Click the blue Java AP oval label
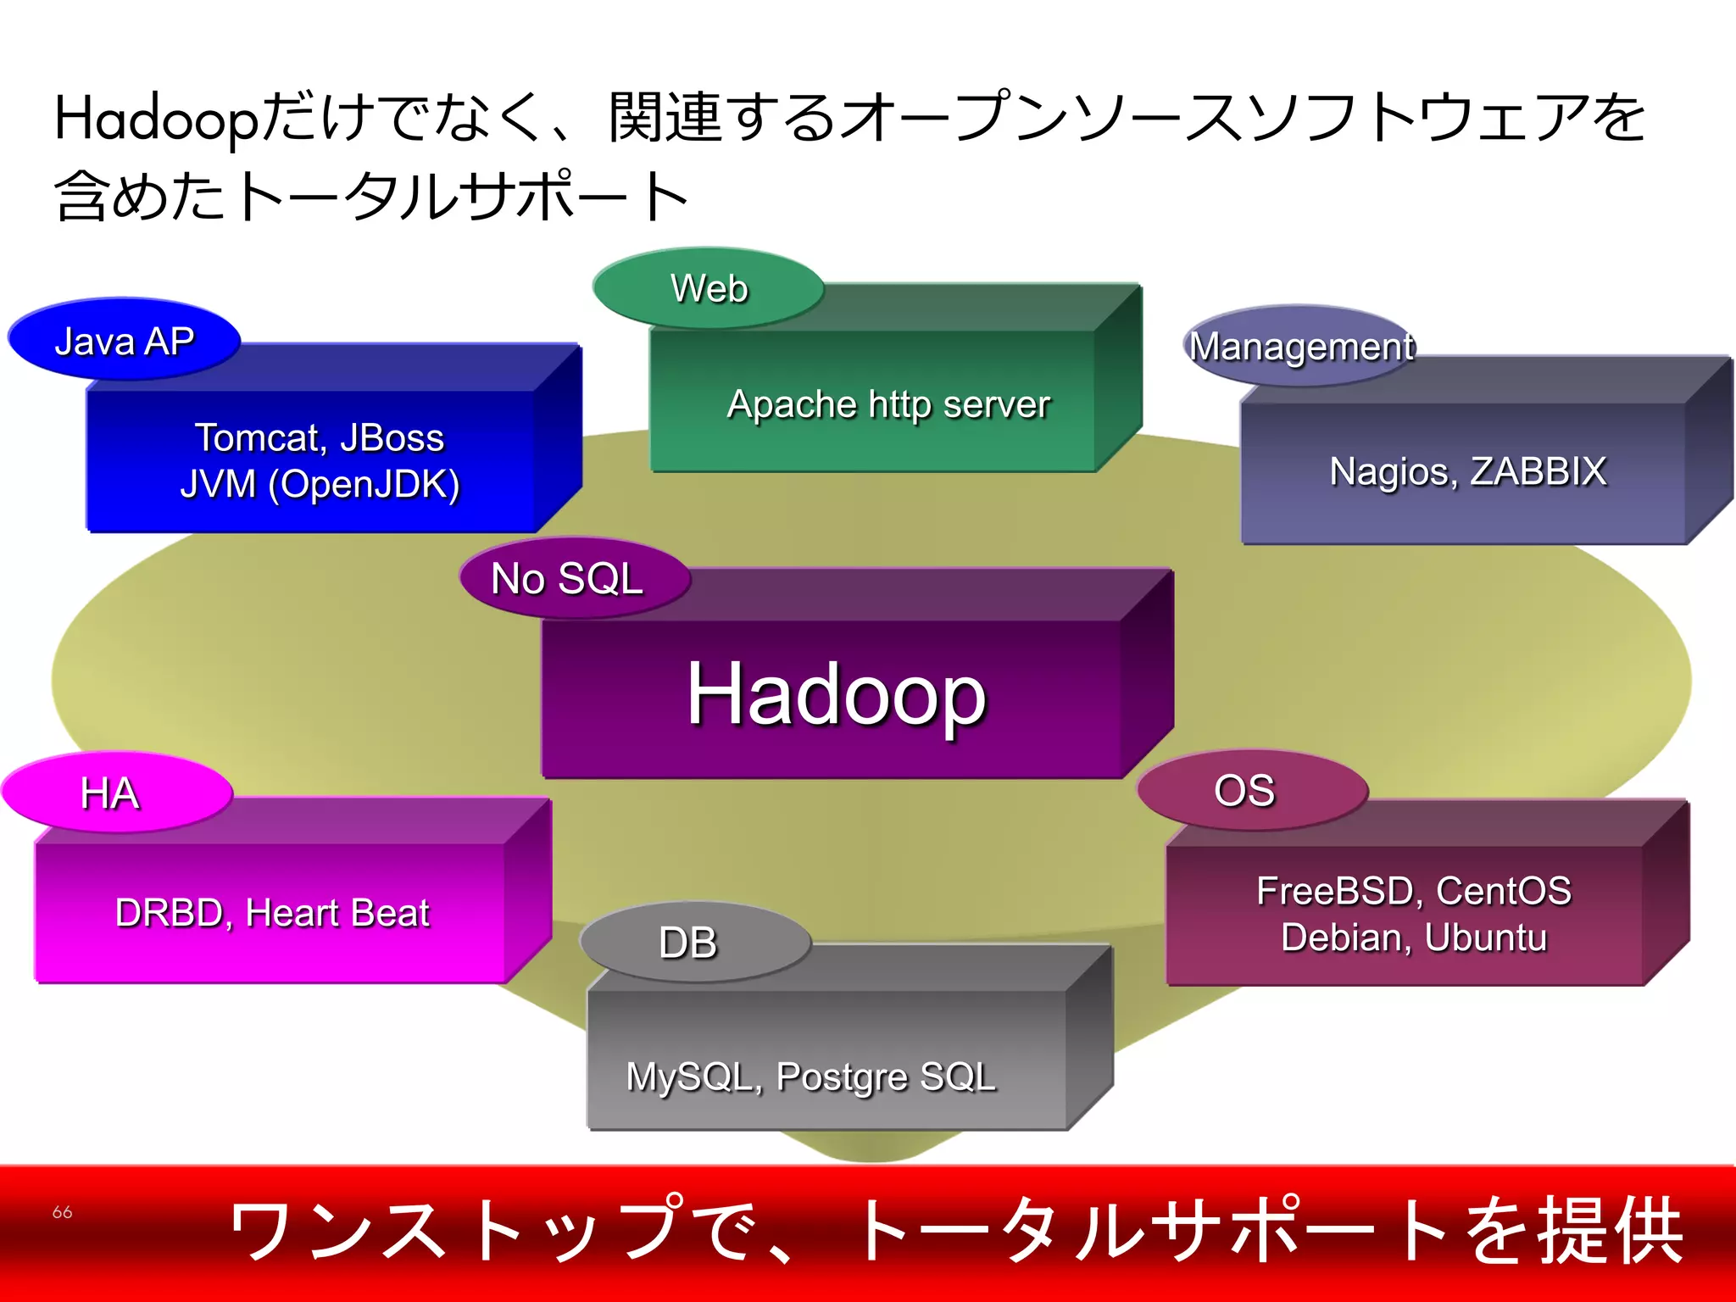[124, 340]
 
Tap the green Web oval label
[709, 288]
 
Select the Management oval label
[1300, 346]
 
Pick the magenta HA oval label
[116, 793]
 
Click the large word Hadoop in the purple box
[836, 694]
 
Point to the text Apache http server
[888, 404]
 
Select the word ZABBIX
[1538, 471]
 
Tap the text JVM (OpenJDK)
[320, 485]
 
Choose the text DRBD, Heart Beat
[272, 913]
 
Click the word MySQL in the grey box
[688, 1077]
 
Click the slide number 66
[62, 1212]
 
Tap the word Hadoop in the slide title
[156, 119]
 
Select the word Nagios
[1390, 471]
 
